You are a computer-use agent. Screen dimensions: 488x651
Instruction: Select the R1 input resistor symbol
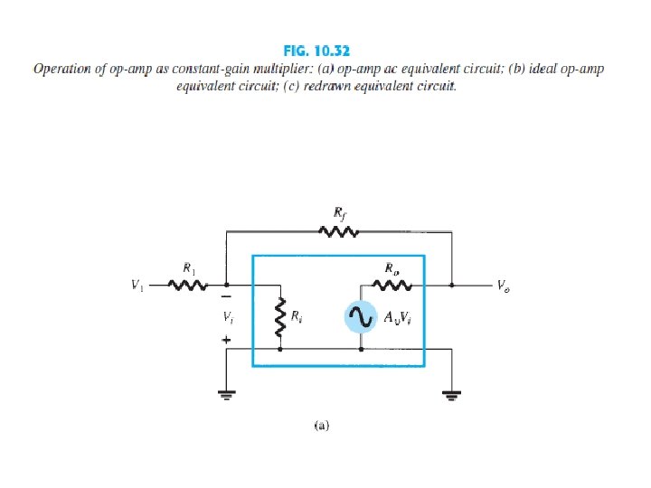click(189, 286)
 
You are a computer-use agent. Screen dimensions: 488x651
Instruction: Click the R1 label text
click(189, 268)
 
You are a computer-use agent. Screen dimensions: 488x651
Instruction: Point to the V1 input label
click(137, 286)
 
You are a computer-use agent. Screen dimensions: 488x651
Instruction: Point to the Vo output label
click(502, 286)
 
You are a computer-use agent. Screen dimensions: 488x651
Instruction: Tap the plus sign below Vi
click(226, 339)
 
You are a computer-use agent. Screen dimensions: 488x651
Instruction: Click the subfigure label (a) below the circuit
click(321, 422)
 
